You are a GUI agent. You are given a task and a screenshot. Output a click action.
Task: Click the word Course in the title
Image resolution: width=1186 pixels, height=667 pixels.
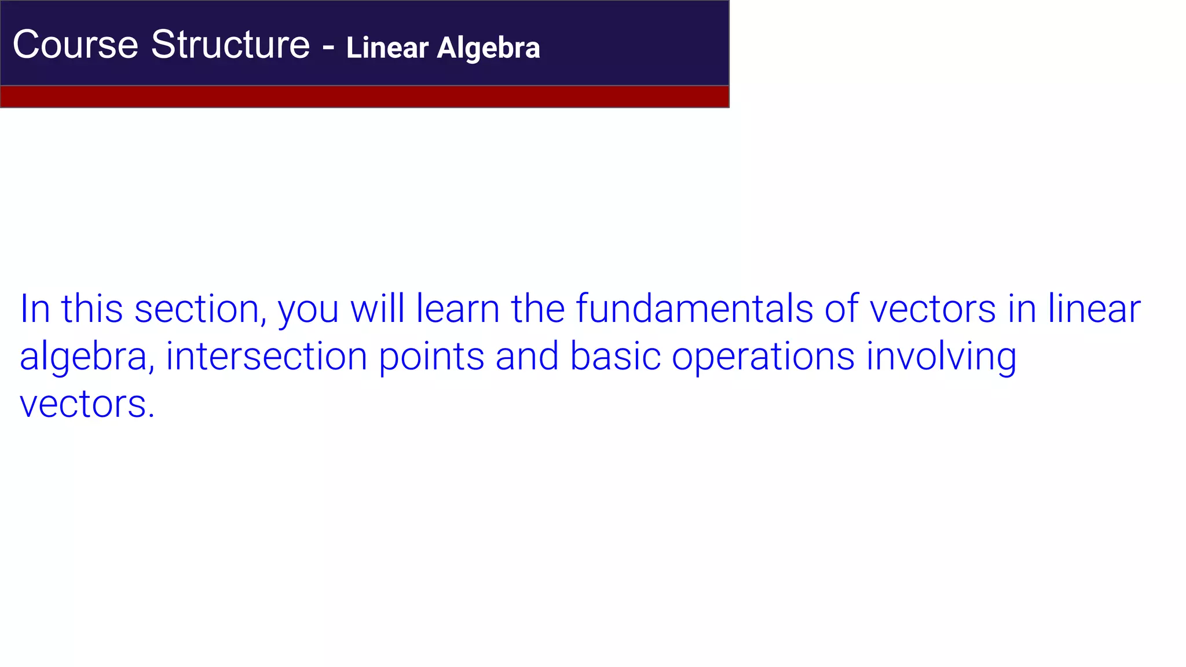point(75,45)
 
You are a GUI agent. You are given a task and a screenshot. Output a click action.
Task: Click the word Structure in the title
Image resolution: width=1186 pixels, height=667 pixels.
point(230,45)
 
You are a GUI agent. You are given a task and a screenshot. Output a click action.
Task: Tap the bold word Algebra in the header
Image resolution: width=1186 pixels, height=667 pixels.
point(488,48)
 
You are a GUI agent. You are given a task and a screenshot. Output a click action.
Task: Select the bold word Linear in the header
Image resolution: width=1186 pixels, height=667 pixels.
point(387,48)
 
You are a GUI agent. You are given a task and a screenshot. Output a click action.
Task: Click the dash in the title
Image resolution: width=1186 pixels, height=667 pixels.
point(328,46)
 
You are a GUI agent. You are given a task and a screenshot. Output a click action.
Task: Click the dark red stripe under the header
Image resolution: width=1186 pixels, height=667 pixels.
point(364,97)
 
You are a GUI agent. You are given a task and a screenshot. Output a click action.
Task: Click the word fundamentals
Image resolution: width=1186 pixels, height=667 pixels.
point(694,309)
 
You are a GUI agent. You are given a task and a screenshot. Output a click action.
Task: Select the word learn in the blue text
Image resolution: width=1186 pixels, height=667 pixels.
point(457,309)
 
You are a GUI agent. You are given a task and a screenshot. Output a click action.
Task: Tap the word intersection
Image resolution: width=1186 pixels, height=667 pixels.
point(266,357)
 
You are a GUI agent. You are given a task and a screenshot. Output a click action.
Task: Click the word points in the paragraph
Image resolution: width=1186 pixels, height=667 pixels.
point(431,357)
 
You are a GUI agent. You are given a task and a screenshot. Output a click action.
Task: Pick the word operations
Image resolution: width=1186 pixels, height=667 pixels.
point(763,357)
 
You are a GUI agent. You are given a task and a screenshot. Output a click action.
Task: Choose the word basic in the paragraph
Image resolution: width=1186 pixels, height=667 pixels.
point(615,357)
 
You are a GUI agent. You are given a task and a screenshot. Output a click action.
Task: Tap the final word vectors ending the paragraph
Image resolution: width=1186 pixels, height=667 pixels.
point(87,404)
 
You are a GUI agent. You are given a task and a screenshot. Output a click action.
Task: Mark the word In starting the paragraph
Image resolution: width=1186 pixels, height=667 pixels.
point(35,309)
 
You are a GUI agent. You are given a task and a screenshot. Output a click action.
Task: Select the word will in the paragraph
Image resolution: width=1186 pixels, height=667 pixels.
point(377,309)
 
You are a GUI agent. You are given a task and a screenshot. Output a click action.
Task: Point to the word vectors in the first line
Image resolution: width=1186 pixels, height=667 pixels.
point(932,309)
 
